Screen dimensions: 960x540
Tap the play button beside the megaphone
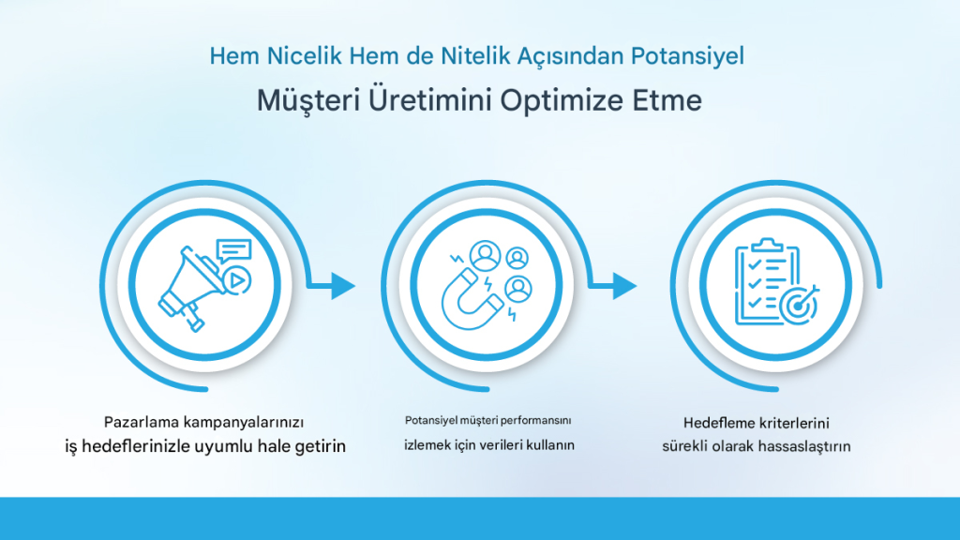[235, 280]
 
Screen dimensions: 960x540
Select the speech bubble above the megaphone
[233, 251]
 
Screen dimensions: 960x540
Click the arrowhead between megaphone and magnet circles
[343, 285]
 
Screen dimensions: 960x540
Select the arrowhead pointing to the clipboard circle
[624, 285]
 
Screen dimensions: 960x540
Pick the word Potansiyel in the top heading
[687, 55]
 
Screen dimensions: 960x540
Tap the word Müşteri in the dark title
[307, 100]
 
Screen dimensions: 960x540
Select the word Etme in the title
[667, 100]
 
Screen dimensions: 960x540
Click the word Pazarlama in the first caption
[142, 422]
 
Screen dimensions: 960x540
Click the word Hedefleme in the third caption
[719, 423]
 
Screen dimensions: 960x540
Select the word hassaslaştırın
[803, 446]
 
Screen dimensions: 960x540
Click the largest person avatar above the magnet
[486, 255]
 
